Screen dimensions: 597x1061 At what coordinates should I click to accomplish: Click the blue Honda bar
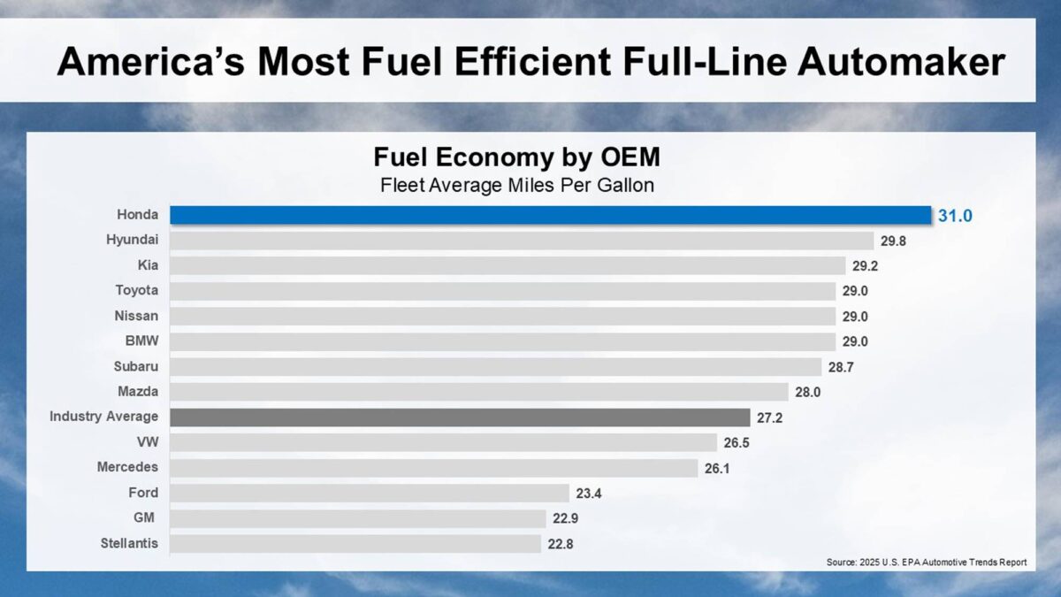point(550,215)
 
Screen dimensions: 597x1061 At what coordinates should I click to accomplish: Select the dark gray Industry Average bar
point(460,417)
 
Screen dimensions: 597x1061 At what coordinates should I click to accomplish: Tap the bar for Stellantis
point(355,543)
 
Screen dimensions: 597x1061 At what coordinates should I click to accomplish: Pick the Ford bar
point(370,493)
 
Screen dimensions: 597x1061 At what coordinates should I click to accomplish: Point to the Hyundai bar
point(522,241)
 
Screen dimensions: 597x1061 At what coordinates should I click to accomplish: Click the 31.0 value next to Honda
point(955,215)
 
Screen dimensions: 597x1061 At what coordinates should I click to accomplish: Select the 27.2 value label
point(769,417)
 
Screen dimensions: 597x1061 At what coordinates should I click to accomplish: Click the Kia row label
point(147,265)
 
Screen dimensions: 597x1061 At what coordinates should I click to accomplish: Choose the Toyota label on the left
point(137,290)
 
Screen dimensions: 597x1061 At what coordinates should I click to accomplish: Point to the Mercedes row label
point(127,467)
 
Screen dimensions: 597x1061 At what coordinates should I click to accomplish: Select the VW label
point(148,441)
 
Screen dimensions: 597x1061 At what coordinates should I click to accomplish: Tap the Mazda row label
point(138,391)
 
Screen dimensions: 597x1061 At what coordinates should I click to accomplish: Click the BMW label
point(142,341)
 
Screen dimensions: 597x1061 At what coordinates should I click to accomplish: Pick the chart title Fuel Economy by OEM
point(516,158)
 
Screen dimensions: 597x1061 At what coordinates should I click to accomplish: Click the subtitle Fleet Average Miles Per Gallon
point(516,185)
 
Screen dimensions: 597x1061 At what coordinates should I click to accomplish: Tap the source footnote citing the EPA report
point(927,563)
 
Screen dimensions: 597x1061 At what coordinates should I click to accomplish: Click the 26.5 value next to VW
point(736,442)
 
